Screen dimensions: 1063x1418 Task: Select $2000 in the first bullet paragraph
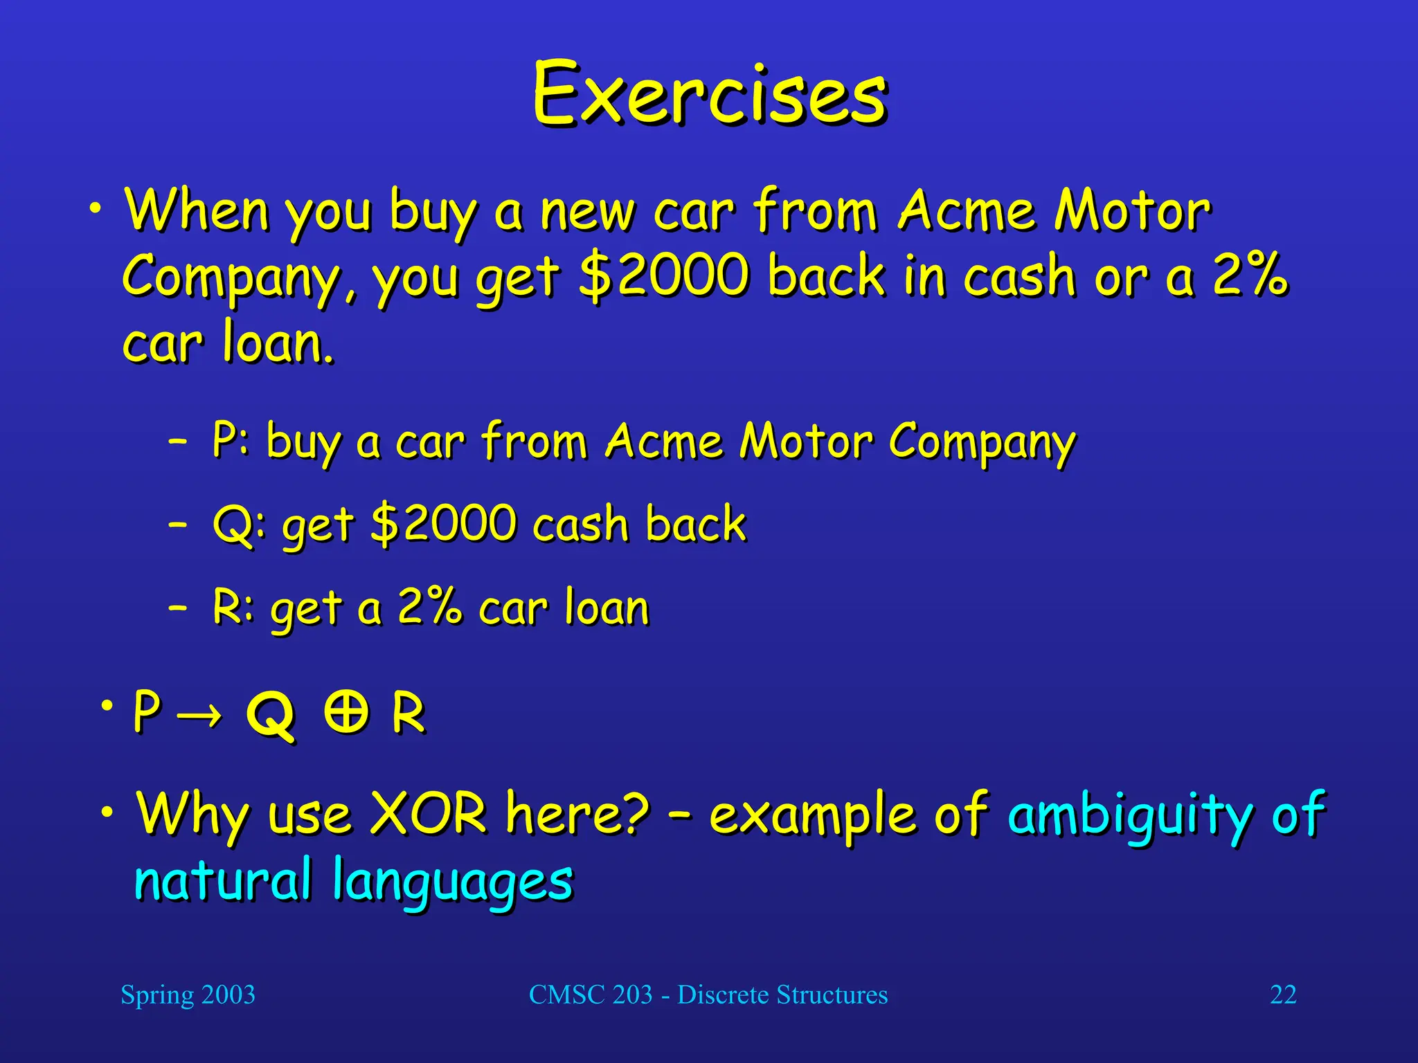click(665, 275)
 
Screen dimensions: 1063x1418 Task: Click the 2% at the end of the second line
click(1250, 275)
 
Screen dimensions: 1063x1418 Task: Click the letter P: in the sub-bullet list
click(230, 439)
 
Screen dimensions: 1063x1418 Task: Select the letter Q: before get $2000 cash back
click(239, 524)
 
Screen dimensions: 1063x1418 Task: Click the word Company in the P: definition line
click(982, 442)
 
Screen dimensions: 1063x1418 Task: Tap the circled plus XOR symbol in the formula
click(346, 712)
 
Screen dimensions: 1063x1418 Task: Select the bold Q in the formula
click(271, 715)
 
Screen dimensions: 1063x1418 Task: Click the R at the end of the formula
click(408, 713)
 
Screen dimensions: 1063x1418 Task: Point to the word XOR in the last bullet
click(429, 813)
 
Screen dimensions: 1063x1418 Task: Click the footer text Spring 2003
click(188, 994)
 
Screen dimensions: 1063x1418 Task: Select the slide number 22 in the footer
click(1282, 994)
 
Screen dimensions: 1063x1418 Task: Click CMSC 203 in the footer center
click(591, 994)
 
